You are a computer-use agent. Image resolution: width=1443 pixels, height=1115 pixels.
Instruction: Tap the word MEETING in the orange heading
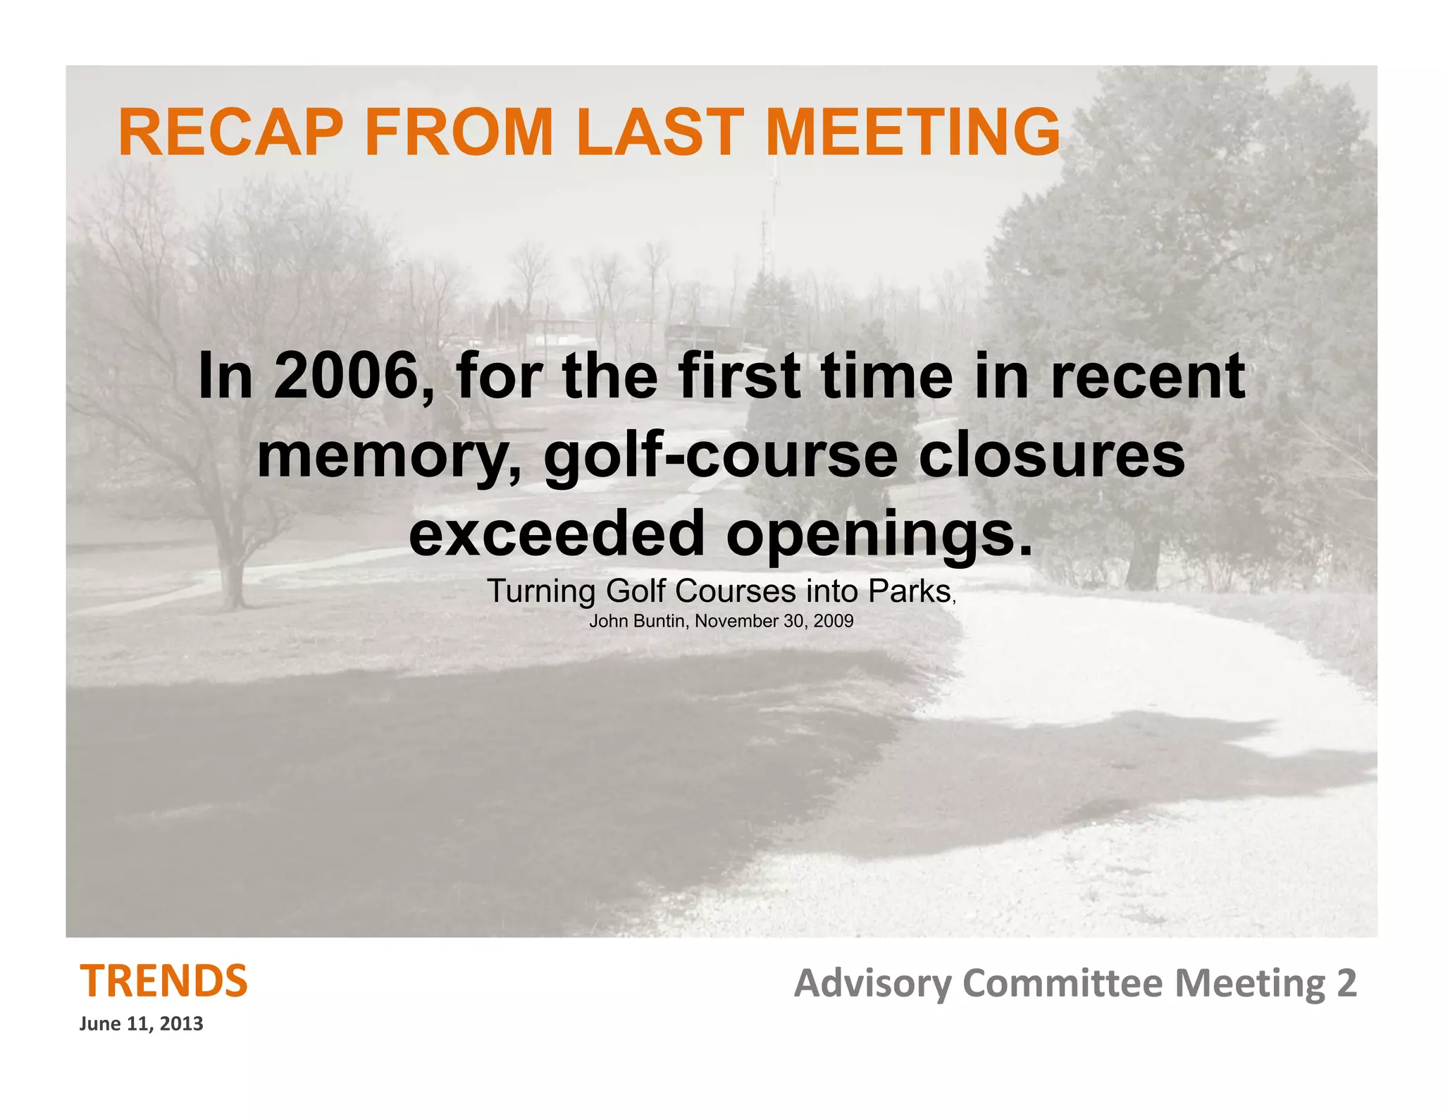[x=912, y=133]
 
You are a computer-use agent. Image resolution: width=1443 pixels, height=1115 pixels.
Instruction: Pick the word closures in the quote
[x=1052, y=457]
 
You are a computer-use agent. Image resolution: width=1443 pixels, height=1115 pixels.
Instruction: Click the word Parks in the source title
[x=910, y=591]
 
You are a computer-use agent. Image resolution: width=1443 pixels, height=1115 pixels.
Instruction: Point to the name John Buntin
[x=637, y=621]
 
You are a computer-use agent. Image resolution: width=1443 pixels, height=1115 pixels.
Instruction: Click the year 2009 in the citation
[x=834, y=621]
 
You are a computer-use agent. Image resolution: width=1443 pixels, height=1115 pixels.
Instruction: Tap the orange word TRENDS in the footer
[x=163, y=981]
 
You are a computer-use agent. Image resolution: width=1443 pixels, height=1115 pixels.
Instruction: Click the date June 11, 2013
[x=141, y=1023]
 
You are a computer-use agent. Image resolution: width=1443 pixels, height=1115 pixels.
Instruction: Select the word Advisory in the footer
[x=872, y=984]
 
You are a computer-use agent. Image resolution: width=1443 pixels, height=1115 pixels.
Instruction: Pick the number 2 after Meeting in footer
[x=1346, y=982]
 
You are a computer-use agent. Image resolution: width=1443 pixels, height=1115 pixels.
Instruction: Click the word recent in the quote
[x=1148, y=377]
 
